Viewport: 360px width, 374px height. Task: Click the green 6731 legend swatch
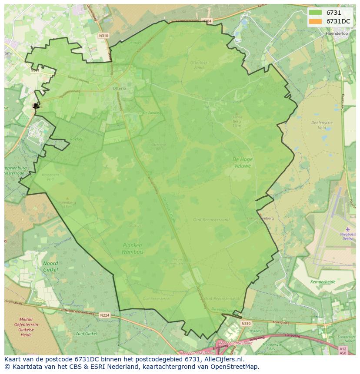tap(316, 13)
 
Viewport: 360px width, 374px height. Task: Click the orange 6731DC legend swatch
tap(316, 21)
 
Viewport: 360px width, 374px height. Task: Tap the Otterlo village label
tap(119, 89)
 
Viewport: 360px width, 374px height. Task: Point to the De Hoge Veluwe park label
tap(242, 162)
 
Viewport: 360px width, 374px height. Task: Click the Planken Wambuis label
tap(133, 248)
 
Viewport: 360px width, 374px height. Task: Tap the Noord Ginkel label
tap(50, 267)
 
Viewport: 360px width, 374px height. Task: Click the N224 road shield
tap(104, 315)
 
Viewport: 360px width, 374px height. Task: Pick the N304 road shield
tap(207, 21)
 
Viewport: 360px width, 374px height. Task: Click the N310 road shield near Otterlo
tap(103, 36)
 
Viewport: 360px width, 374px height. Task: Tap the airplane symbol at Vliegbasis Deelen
tap(347, 229)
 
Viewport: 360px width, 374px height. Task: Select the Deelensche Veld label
tap(322, 125)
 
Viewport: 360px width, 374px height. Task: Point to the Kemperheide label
tap(323, 282)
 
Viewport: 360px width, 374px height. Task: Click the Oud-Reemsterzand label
tap(211, 220)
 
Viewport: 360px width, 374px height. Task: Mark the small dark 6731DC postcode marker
tap(36, 106)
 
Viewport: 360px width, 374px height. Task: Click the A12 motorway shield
tap(343, 348)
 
